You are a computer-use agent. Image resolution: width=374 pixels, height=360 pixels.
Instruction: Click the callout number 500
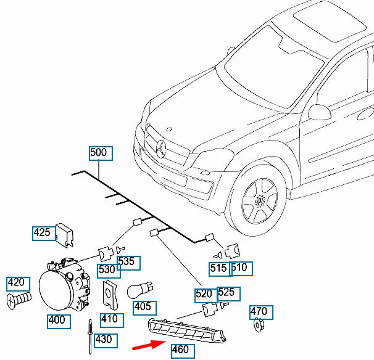point(101,153)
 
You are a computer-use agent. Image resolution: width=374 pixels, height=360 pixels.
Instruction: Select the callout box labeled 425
point(44,234)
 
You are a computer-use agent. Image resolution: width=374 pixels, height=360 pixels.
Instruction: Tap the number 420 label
point(18,284)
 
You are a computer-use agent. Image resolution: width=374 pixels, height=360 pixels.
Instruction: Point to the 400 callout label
point(59,322)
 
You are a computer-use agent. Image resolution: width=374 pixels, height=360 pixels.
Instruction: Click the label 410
point(112,320)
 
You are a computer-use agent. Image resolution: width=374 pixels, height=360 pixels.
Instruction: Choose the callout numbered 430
point(106,341)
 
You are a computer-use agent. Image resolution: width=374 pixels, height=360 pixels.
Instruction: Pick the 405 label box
point(144,308)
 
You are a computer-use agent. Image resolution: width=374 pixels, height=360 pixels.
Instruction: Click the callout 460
point(183,351)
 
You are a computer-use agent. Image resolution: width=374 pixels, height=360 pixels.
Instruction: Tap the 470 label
point(261,313)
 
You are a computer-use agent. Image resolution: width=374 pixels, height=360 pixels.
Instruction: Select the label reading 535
point(128,263)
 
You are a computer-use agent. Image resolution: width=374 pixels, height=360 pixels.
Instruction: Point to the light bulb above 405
point(139,290)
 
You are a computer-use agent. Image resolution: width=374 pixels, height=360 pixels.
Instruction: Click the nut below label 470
point(258,325)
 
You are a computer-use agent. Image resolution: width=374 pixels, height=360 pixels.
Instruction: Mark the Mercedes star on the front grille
point(160,149)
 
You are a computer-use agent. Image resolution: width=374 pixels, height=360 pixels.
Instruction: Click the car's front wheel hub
point(259,202)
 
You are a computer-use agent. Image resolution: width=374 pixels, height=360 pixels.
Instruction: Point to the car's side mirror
point(319,112)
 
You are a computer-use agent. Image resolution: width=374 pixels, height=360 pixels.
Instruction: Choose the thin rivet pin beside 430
point(90,337)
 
